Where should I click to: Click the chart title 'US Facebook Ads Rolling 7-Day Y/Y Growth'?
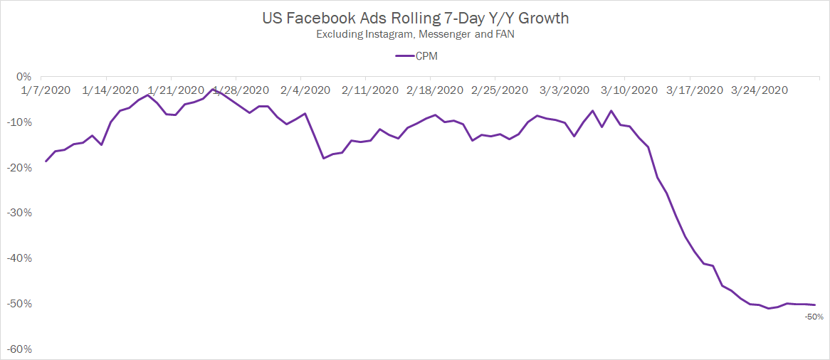pyautogui.click(x=415, y=18)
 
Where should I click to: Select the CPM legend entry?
pyautogui.click(x=416, y=56)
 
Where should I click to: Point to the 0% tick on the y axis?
pyautogui.click(x=24, y=77)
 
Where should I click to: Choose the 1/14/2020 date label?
pyautogui.click(x=111, y=90)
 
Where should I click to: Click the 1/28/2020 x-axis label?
pyautogui.click(x=241, y=90)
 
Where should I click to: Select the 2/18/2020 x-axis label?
pyautogui.click(x=435, y=90)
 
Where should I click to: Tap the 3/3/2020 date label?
pyautogui.click(x=564, y=90)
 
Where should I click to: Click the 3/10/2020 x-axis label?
pyautogui.click(x=630, y=90)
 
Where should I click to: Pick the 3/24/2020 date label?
pyautogui.click(x=760, y=90)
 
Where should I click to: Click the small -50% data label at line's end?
pyautogui.click(x=814, y=317)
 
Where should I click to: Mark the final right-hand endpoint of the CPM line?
pyautogui.click(x=815, y=305)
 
